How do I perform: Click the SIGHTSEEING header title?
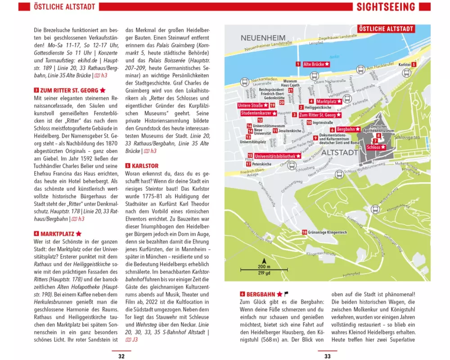(x=386, y=7)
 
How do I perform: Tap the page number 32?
(x=121, y=356)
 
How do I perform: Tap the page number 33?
(x=328, y=356)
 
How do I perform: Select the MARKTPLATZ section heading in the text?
(x=58, y=234)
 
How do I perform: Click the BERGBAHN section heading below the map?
(x=261, y=294)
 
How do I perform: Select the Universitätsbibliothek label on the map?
(x=277, y=156)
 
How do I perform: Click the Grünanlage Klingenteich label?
(x=327, y=232)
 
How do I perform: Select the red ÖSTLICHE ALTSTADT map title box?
(x=386, y=29)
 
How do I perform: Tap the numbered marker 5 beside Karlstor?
(x=413, y=64)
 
